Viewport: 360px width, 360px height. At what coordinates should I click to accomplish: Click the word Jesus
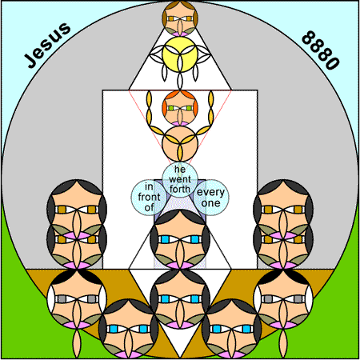coord(47,45)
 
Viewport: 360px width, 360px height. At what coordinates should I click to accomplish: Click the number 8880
coord(321,50)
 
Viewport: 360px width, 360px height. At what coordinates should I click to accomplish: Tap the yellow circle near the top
coord(180,54)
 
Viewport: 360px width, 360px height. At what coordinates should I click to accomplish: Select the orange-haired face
coord(180,108)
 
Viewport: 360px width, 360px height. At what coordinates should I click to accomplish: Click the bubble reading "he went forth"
coord(180,179)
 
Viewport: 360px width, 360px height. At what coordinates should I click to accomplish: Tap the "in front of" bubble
coord(149,198)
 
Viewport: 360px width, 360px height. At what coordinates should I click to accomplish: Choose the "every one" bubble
coord(211,198)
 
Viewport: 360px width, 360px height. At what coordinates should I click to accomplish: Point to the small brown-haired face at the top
coord(180,18)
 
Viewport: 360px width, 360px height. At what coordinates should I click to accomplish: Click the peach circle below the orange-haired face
coord(180,144)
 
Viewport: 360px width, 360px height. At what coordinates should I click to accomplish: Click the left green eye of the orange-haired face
coord(170,108)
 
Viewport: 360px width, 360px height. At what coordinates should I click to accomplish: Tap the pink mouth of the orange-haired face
coord(180,123)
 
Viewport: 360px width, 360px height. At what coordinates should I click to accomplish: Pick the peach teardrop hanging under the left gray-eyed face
coord(77,343)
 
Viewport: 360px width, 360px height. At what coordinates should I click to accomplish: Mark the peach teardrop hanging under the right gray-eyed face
coord(283,343)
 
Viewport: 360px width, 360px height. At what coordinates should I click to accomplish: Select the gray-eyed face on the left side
coord(77,299)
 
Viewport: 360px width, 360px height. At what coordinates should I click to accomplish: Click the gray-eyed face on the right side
coord(283,299)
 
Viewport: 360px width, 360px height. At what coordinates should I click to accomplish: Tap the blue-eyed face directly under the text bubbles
coord(180,239)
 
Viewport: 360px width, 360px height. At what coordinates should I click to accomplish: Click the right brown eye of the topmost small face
coord(190,19)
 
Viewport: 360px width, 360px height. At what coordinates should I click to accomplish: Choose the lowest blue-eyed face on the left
coord(129,329)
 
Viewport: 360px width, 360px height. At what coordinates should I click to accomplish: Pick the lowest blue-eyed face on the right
coord(232,329)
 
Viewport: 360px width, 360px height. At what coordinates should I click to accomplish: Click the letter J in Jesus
coord(30,61)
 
